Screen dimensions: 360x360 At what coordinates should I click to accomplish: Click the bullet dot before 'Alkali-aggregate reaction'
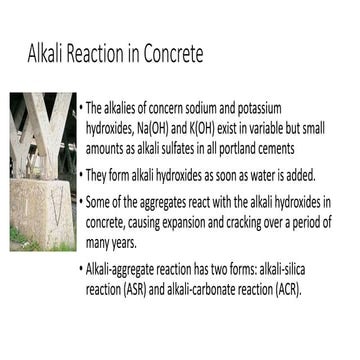[x=80, y=271]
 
